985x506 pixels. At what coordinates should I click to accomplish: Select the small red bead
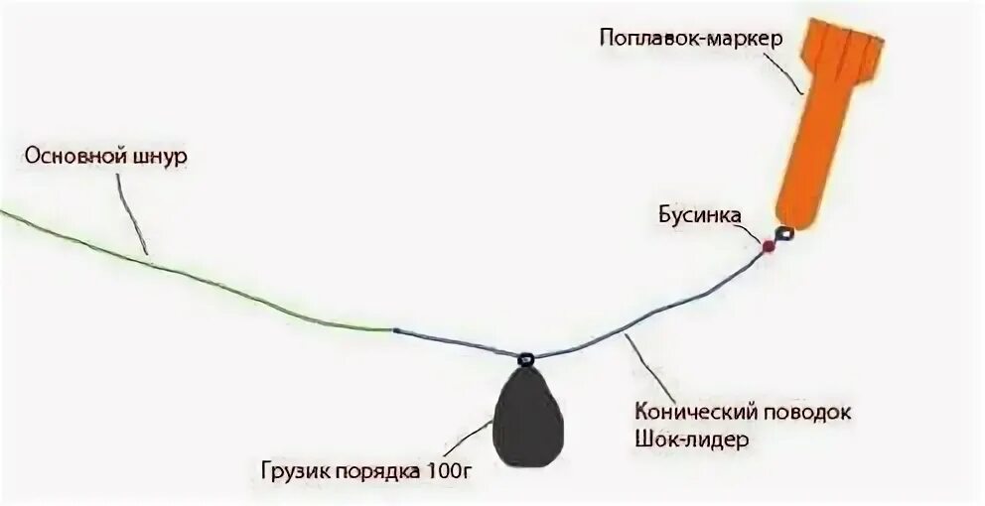[768, 245]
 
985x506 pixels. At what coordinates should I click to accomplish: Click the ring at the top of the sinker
[526, 354]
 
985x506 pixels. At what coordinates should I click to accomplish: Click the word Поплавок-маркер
[691, 39]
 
